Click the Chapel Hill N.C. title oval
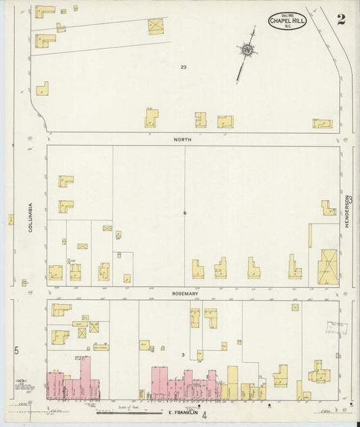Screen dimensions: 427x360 click(x=287, y=21)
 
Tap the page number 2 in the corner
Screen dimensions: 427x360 click(x=341, y=19)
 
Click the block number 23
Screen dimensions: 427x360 click(x=183, y=66)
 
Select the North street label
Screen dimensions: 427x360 click(x=182, y=139)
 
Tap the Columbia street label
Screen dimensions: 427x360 click(x=30, y=218)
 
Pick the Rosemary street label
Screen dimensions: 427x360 click(x=184, y=294)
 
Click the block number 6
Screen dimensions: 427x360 click(x=184, y=214)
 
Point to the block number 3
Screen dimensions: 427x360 click(x=183, y=355)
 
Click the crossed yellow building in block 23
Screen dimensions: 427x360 click(x=156, y=26)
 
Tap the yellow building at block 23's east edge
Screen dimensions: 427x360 click(x=322, y=124)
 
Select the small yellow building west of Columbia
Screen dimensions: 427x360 click(x=11, y=220)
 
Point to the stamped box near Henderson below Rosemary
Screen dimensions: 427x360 click(x=337, y=328)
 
